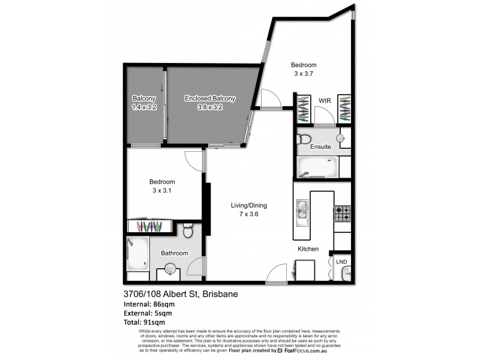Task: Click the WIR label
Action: tap(325, 101)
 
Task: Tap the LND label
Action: tap(341, 262)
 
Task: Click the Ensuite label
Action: tap(321, 146)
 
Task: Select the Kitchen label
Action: tap(308, 249)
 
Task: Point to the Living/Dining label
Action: tap(249, 205)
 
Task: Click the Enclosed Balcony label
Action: tap(210, 99)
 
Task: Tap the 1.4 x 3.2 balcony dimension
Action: tap(144, 107)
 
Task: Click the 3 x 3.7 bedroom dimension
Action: tap(304, 74)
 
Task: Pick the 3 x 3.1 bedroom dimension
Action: tap(162, 190)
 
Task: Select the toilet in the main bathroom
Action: tap(187, 230)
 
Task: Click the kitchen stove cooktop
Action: tap(342, 212)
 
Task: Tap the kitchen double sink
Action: tap(302, 209)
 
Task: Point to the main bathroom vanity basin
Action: tap(170, 269)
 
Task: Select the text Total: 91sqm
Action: tap(143, 322)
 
